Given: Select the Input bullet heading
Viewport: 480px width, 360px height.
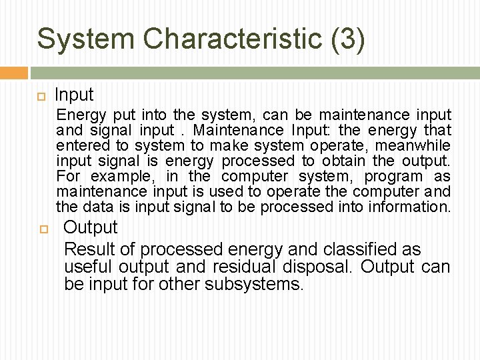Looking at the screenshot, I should (74, 95).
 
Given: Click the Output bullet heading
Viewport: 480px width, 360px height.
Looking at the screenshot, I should (90, 227).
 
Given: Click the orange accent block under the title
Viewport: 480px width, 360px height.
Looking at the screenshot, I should (14, 72).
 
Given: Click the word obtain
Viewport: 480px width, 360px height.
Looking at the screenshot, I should (343, 161).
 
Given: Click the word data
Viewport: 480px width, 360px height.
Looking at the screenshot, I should (98, 207).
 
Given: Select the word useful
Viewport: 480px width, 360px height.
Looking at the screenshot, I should (89, 268).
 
